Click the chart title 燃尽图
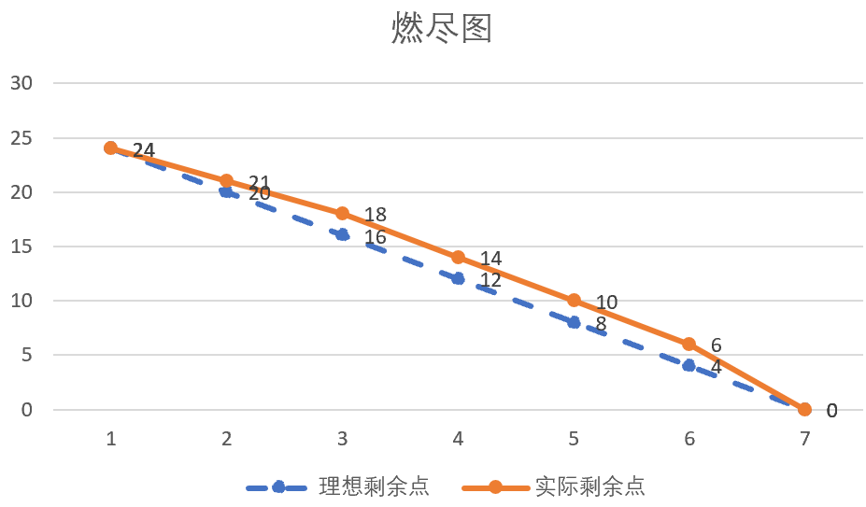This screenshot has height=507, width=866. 441,30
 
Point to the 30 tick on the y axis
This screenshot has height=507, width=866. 21,83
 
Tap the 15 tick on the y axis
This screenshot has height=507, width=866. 21,246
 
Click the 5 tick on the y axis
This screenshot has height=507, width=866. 28,355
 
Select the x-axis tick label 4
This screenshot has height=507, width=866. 458,439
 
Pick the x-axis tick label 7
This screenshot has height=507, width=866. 804,439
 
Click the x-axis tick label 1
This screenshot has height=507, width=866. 111,439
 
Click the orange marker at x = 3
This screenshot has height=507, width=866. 342,213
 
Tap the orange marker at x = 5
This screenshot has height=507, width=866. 574,301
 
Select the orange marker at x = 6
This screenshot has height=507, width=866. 689,344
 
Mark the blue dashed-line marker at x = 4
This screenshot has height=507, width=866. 458,278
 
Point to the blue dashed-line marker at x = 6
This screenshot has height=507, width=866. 689,365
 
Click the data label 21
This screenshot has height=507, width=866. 259,183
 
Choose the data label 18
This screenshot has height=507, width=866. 375,216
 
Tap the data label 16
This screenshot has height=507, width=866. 375,237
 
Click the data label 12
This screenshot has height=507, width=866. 490,280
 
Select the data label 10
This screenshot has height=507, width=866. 606,303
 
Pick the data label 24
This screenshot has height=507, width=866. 143,150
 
